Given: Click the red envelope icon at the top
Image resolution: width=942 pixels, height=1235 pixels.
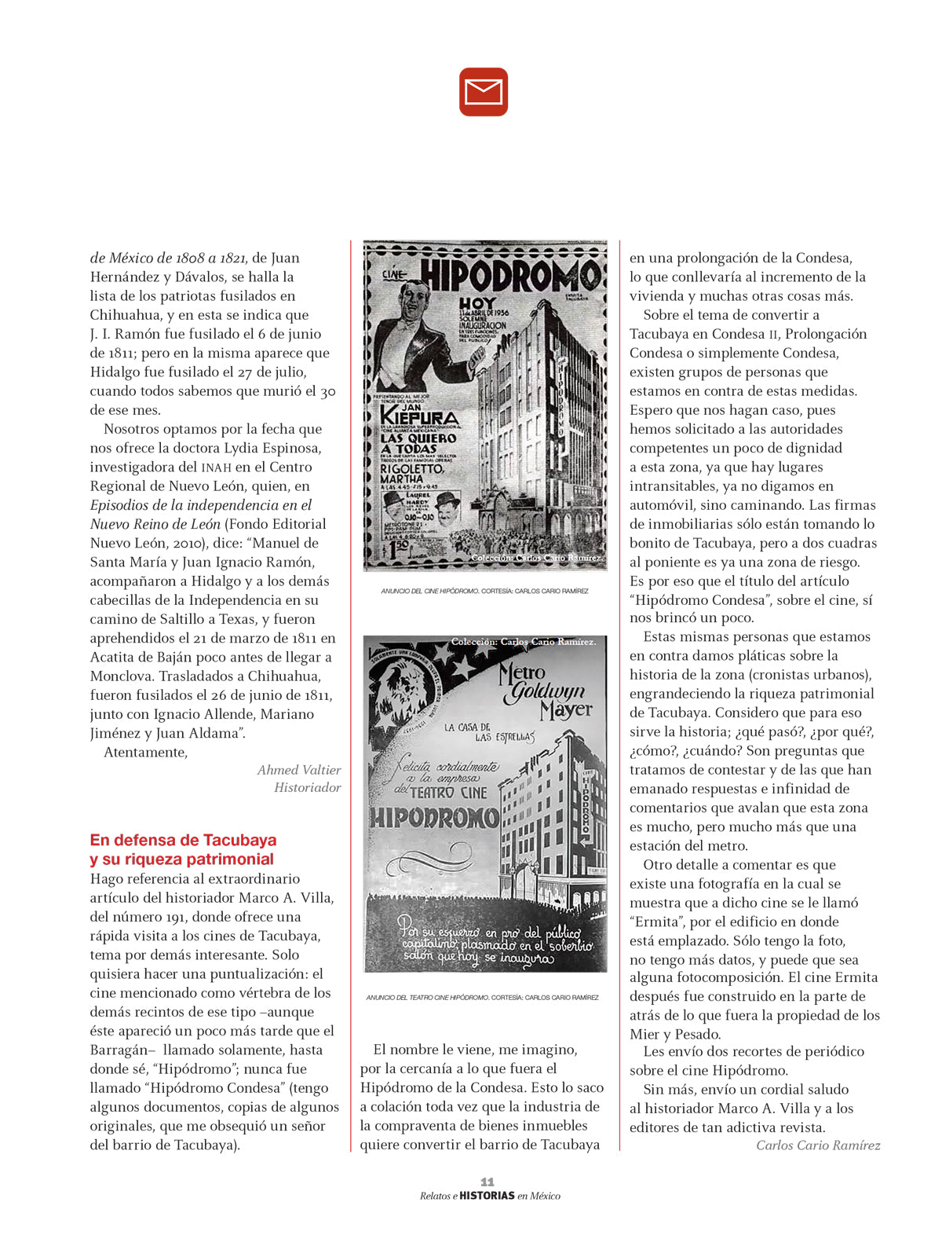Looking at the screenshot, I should pos(484,92).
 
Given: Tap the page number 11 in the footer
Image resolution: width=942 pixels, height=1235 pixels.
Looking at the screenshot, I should pos(487,1182).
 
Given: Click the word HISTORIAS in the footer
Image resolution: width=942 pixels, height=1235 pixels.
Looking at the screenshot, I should pos(487,1196).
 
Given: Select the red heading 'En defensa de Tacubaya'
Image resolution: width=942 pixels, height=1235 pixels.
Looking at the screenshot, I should pos(183,840).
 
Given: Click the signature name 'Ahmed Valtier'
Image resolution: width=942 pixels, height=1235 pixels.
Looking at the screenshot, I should pos(299,770).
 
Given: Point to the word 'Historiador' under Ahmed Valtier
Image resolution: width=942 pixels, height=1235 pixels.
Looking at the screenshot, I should pos(307,787).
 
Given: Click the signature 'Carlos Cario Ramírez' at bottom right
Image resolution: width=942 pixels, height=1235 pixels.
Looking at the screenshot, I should pos(818,1145).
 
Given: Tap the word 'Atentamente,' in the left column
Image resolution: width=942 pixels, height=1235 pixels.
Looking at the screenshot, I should pos(146,752).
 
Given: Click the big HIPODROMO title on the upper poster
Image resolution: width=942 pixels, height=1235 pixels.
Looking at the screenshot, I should pos(510,277).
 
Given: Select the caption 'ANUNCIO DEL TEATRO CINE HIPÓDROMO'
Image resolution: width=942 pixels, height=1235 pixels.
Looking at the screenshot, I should pos(427,998).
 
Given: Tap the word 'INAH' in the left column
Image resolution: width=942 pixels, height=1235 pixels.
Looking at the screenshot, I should pos(217,467).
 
